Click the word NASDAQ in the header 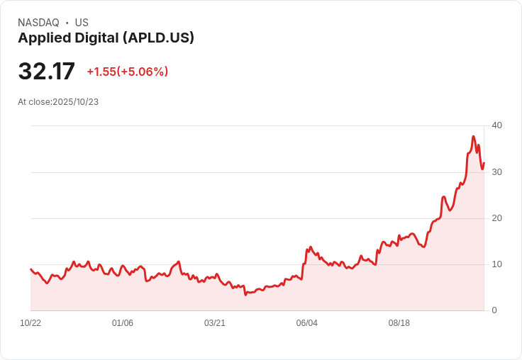pos(38,23)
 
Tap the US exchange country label pos(82,23)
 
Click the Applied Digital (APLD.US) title pos(106,38)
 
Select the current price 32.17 pos(46,72)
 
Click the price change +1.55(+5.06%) pos(128,72)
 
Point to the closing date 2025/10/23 pos(75,102)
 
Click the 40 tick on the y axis pos(496,125)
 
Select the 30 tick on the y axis pos(496,172)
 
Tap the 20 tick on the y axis pos(496,218)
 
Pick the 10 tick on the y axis pos(496,264)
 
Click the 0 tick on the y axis pos(494,310)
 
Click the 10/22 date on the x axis pos(30,323)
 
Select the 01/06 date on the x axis pos(123,323)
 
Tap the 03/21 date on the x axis pos(215,323)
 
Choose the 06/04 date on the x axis pos(307,323)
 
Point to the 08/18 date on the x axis pos(399,323)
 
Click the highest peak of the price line pos(473,136)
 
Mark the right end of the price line pos(484,163)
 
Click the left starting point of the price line pos(30,269)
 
